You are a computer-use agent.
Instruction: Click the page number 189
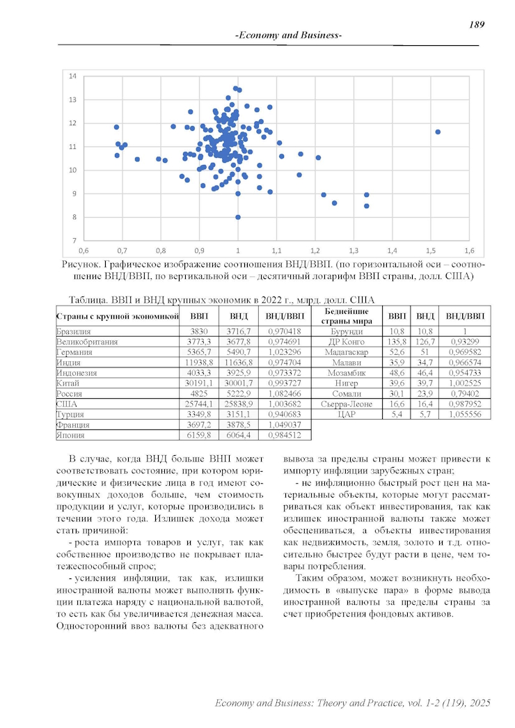477,24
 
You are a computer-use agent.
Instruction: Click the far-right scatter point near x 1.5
438,132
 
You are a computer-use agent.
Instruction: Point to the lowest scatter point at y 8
238,217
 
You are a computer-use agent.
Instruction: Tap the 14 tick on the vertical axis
72,76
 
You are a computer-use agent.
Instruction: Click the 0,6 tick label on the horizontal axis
84,249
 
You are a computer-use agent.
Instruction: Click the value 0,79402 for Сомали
465,393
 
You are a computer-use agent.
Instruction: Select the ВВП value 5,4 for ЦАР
397,414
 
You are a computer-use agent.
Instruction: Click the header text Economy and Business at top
288,35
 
